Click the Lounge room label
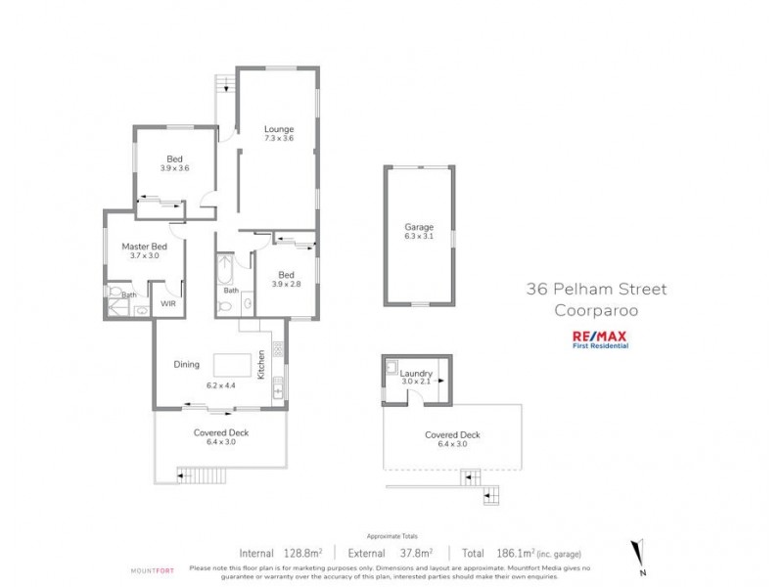(x=279, y=129)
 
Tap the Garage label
(x=419, y=227)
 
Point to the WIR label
(x=167, y=304)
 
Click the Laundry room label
(x=416, y=373)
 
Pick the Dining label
(x=187, y=364)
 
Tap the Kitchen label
(x=261, y=366)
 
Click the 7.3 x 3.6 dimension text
(x=279, y=139)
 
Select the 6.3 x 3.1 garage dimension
(x=419, y=236)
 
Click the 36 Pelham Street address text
(x=595, y=290)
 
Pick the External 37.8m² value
(x=391, y=551)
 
